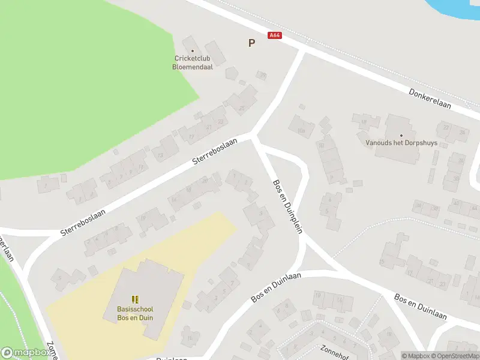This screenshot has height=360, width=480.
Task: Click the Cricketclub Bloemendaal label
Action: (x=192, y=62)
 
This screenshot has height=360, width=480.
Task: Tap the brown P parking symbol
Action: (x=251, y=43)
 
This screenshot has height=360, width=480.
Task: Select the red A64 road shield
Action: (x=275, y=36)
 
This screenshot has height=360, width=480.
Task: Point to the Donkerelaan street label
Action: (x=430, y=99)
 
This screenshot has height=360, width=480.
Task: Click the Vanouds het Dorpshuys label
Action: (x=401, y=143)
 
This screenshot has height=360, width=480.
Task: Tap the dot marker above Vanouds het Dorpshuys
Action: (x=401, y=135)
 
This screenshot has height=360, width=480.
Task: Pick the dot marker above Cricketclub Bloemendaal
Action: (x=193, y=51)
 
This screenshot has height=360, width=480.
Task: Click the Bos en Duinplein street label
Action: (x=287, y=206)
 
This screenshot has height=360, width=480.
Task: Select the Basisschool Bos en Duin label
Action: (x=135, y=313)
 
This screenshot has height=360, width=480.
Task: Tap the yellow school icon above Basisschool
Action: (x=135, y=299)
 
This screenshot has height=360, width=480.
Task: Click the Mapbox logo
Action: (x=25, y=353)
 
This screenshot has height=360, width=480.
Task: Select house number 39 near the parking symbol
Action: (x=262, y=75)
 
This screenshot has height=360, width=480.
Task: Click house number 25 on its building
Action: (x=242, y=108)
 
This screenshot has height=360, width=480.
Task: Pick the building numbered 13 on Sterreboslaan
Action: (x=160, y=155)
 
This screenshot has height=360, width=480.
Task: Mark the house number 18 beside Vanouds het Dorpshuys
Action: (x=364, y=122)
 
